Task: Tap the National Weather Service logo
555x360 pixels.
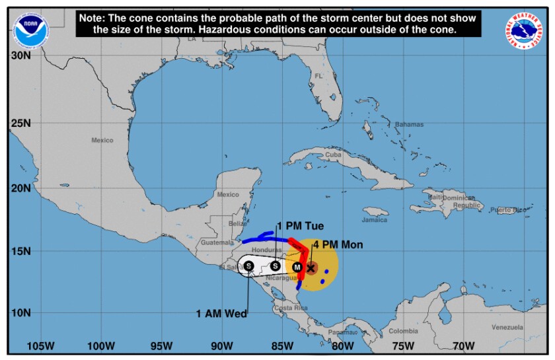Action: point(526,30)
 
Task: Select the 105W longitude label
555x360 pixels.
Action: point(40,345)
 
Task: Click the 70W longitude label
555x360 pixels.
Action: point(464,345)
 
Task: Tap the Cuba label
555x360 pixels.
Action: point(333,155)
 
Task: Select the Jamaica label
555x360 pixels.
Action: point(375,219)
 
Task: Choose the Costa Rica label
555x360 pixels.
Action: point(291,308)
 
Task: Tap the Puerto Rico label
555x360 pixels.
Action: point(513,210)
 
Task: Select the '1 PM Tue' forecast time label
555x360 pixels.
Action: point(300,226)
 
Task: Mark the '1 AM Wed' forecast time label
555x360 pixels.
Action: point(221,313)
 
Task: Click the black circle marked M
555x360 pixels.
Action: point(297,267)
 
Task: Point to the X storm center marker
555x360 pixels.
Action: point(311,268)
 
